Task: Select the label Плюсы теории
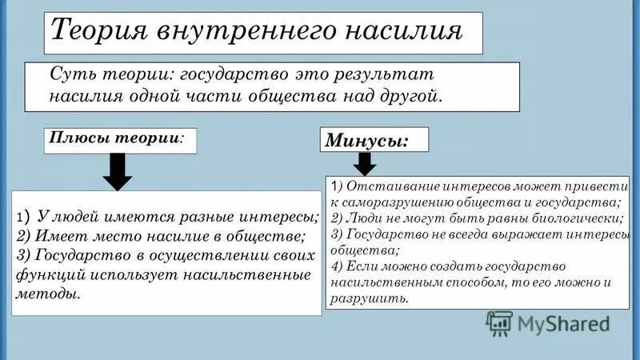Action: click(115, 137)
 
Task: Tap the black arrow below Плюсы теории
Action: click(118, 171)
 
